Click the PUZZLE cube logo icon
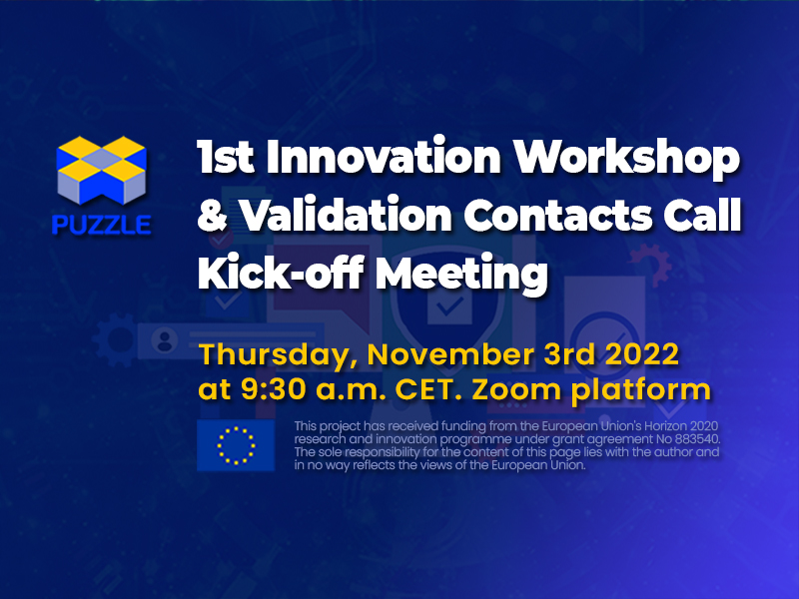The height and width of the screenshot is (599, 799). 102,170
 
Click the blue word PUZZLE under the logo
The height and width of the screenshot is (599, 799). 102,224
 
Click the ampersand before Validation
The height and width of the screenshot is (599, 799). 213,215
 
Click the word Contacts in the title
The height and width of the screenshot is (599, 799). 558,215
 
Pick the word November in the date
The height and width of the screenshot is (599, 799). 450,354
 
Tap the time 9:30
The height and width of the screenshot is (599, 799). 274,389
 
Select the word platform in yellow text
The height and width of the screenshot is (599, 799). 641,391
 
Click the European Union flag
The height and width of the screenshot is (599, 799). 236,445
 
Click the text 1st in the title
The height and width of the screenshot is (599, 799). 226,158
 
